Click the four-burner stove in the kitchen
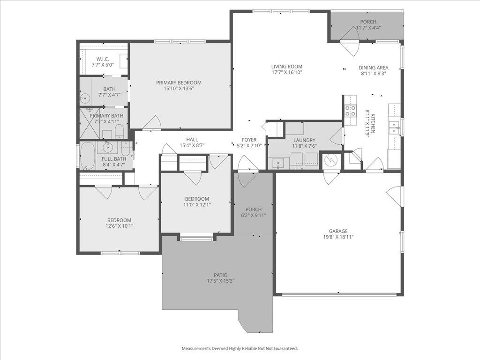coord(350,111)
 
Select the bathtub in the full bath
coord(87,156)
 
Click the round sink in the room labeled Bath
coord(85,98)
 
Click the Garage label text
coord(338,231)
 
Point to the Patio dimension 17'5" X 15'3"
coord(220,281)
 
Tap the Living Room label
coord(286,67)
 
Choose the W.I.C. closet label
coord(103,59)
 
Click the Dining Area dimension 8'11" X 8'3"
coord(374,73)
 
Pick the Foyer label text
coord(249,140)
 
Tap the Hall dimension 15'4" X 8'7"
coord(192,145)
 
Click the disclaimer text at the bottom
coord(240,348)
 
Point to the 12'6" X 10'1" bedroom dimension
coord(119,226)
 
